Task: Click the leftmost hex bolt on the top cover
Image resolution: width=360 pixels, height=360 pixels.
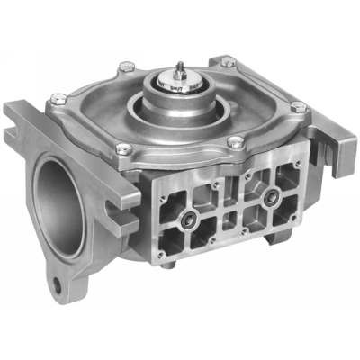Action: pos(58,98)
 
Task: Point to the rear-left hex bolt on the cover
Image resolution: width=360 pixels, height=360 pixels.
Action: pos(128,66)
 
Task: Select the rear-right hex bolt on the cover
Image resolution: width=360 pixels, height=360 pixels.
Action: pos(229,63)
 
